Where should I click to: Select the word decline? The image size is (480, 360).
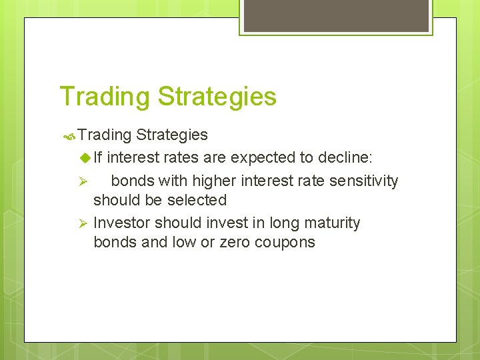coord(346,158)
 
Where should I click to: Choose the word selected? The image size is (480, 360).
coord(198,200)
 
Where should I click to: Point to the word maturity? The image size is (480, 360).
coord(330,223)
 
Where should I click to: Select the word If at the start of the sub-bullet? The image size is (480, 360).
coord(98,158)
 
